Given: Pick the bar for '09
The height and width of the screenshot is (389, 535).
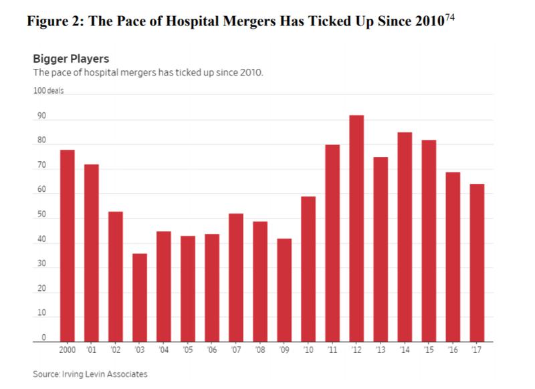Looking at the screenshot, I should pos(284,290).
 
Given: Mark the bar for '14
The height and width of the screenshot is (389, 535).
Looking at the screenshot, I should pos(405,237).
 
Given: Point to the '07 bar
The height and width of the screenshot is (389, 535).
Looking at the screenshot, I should pos(236,277).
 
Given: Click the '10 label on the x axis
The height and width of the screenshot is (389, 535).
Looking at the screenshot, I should pos(308,349).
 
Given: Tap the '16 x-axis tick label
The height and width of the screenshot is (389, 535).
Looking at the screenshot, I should pos(453,349).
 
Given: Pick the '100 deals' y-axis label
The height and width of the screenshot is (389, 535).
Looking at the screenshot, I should pos(48,91).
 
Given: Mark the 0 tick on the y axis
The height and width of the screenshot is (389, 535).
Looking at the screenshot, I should pos(43,338).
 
